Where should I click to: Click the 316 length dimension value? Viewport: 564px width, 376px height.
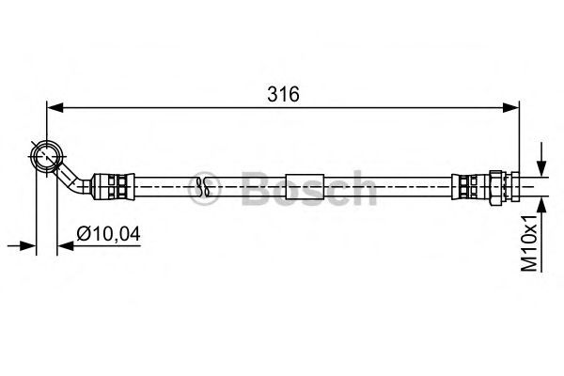coord(283,94)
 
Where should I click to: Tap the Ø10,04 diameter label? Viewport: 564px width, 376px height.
coord(108,234)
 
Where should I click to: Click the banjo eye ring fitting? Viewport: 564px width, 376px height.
coord(47,157)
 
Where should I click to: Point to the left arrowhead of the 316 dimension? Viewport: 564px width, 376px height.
coord(55,107)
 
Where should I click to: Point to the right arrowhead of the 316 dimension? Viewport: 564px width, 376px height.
coord(510,107)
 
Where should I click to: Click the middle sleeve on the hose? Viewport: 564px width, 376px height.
coord(305,187)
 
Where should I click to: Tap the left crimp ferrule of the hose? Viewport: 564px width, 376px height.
coord(113,187)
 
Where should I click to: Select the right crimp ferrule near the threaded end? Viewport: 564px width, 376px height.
coord(470,187)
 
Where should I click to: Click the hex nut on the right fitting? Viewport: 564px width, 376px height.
coord(496,187)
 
